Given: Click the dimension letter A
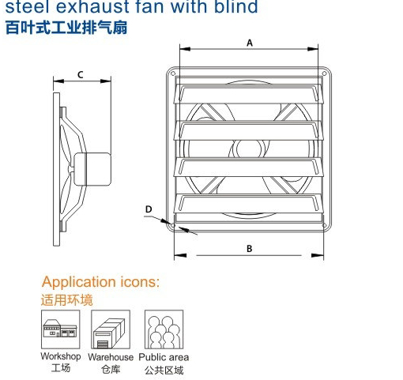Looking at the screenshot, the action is [x=250, y=43].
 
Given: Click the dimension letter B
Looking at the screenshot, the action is [x=249, y=248].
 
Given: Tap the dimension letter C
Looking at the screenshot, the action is [x=81, y=75].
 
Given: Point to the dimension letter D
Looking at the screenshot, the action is [x=149, y=209].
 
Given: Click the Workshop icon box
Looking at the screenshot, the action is [x=60, y=329].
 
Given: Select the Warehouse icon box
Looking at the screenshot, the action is [x=111, y=329].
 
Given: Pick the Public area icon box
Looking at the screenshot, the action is [x=164, y=329].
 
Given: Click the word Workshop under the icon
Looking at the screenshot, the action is [x=61, y=356].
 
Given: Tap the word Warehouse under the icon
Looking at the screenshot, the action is [x=111, y=357].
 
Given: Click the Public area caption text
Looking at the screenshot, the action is [x=164, y=357].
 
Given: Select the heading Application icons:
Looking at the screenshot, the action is [x=101, y=282].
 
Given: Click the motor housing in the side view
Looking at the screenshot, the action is [x=92, y=169].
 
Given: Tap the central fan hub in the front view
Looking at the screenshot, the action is [x=249, y=149].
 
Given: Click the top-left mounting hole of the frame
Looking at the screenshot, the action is [x=173, y=73].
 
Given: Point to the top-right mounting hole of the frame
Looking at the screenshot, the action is [x=325, y=73].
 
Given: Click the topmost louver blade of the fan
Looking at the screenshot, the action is [x=248, y=94].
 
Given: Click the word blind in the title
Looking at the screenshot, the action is [x=235, y=6].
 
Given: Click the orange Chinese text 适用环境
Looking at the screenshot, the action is [x=67, y=300].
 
